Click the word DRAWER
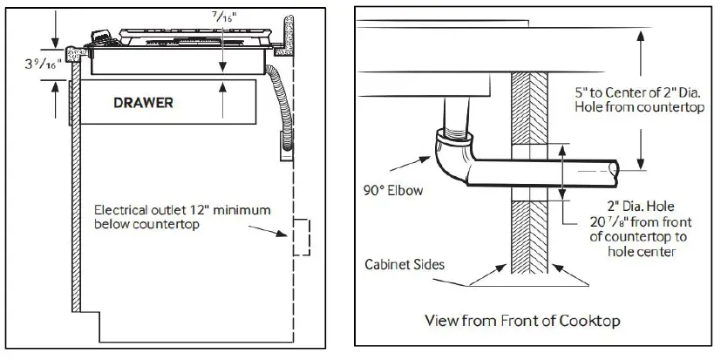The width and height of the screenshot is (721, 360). (143, 103)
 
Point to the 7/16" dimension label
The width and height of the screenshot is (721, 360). (225, 16)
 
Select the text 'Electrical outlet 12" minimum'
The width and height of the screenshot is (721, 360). (182, 211)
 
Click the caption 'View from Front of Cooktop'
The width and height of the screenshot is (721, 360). (522, 320)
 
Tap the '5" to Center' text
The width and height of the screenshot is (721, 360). (616, 91)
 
